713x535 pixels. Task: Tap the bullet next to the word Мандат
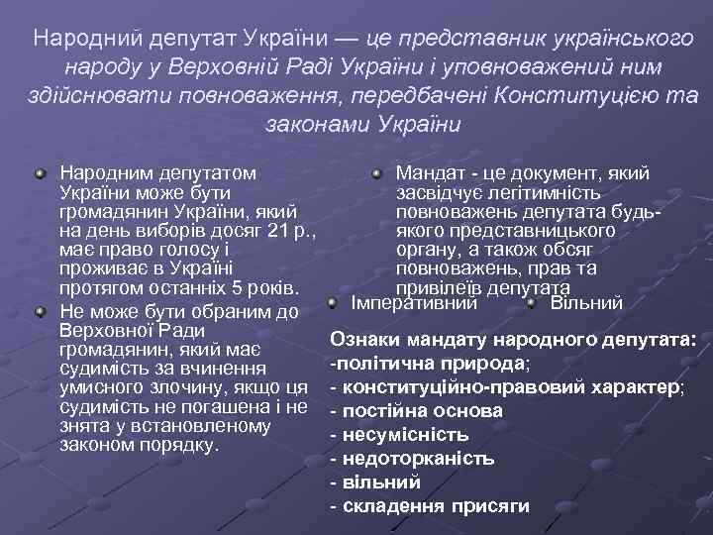coord(377,174)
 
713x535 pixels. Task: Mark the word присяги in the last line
coord(492,506)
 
